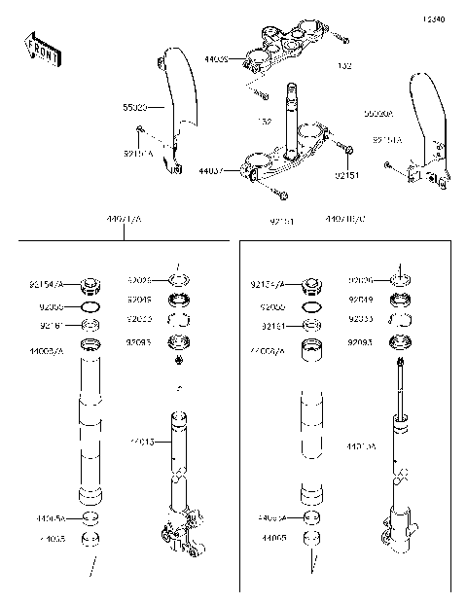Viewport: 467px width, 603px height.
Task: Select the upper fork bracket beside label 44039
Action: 281,49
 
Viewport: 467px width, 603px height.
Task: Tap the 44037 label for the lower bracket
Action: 212,170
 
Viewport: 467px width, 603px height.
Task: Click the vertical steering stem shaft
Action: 291,117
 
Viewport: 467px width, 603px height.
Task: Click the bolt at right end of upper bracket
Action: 341,38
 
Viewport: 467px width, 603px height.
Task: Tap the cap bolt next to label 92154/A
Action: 92,286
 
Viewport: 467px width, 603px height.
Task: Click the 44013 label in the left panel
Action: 143,443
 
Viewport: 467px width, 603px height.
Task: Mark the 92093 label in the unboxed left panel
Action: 139,341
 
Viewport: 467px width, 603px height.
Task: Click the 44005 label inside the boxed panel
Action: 273,536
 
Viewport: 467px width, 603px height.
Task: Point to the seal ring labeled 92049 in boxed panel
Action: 399,301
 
